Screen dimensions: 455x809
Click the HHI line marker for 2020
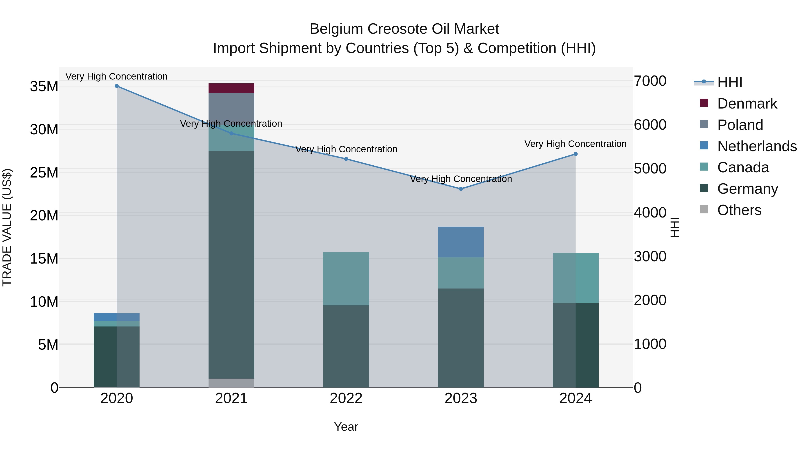116,86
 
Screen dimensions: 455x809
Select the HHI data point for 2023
461,189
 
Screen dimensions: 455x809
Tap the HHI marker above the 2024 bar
575,154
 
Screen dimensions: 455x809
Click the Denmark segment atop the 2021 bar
231,88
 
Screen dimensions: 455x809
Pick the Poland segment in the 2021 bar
231,108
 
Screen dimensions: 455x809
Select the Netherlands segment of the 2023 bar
461,242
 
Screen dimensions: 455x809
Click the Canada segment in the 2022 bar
346,279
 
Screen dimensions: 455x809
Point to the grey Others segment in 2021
231,383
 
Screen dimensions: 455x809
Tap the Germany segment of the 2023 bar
461,337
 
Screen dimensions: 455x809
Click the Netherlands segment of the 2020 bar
116,317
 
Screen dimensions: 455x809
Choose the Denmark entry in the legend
747,104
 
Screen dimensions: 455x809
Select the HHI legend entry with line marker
729,82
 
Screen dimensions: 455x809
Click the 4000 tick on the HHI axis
650,213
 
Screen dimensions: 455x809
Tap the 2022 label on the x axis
346,398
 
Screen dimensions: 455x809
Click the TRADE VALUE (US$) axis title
7,227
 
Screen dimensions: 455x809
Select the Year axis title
346,427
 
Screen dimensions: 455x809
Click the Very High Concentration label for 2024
575,144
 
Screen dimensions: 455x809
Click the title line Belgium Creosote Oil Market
404,29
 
